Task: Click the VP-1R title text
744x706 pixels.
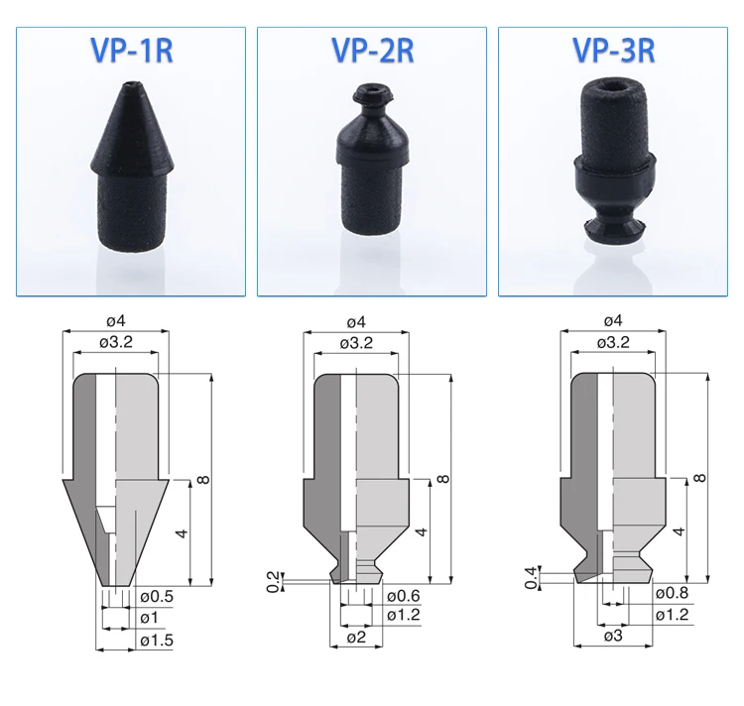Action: [x=131, y=50]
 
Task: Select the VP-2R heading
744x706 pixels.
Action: [x=372, y=50]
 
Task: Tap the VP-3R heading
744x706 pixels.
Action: [x=613, y=50]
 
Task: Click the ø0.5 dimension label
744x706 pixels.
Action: [x=157, y=596]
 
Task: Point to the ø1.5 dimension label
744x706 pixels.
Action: [x=157, y=641]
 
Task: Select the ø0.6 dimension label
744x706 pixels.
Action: [x=404, y=596]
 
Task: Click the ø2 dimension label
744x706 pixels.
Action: [x=356, y=637]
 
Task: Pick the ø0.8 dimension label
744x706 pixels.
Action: [x=672, y=593]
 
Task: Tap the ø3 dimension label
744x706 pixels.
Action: [x=613, y=636]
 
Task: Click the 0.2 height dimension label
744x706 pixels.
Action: [x=274, y=582]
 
